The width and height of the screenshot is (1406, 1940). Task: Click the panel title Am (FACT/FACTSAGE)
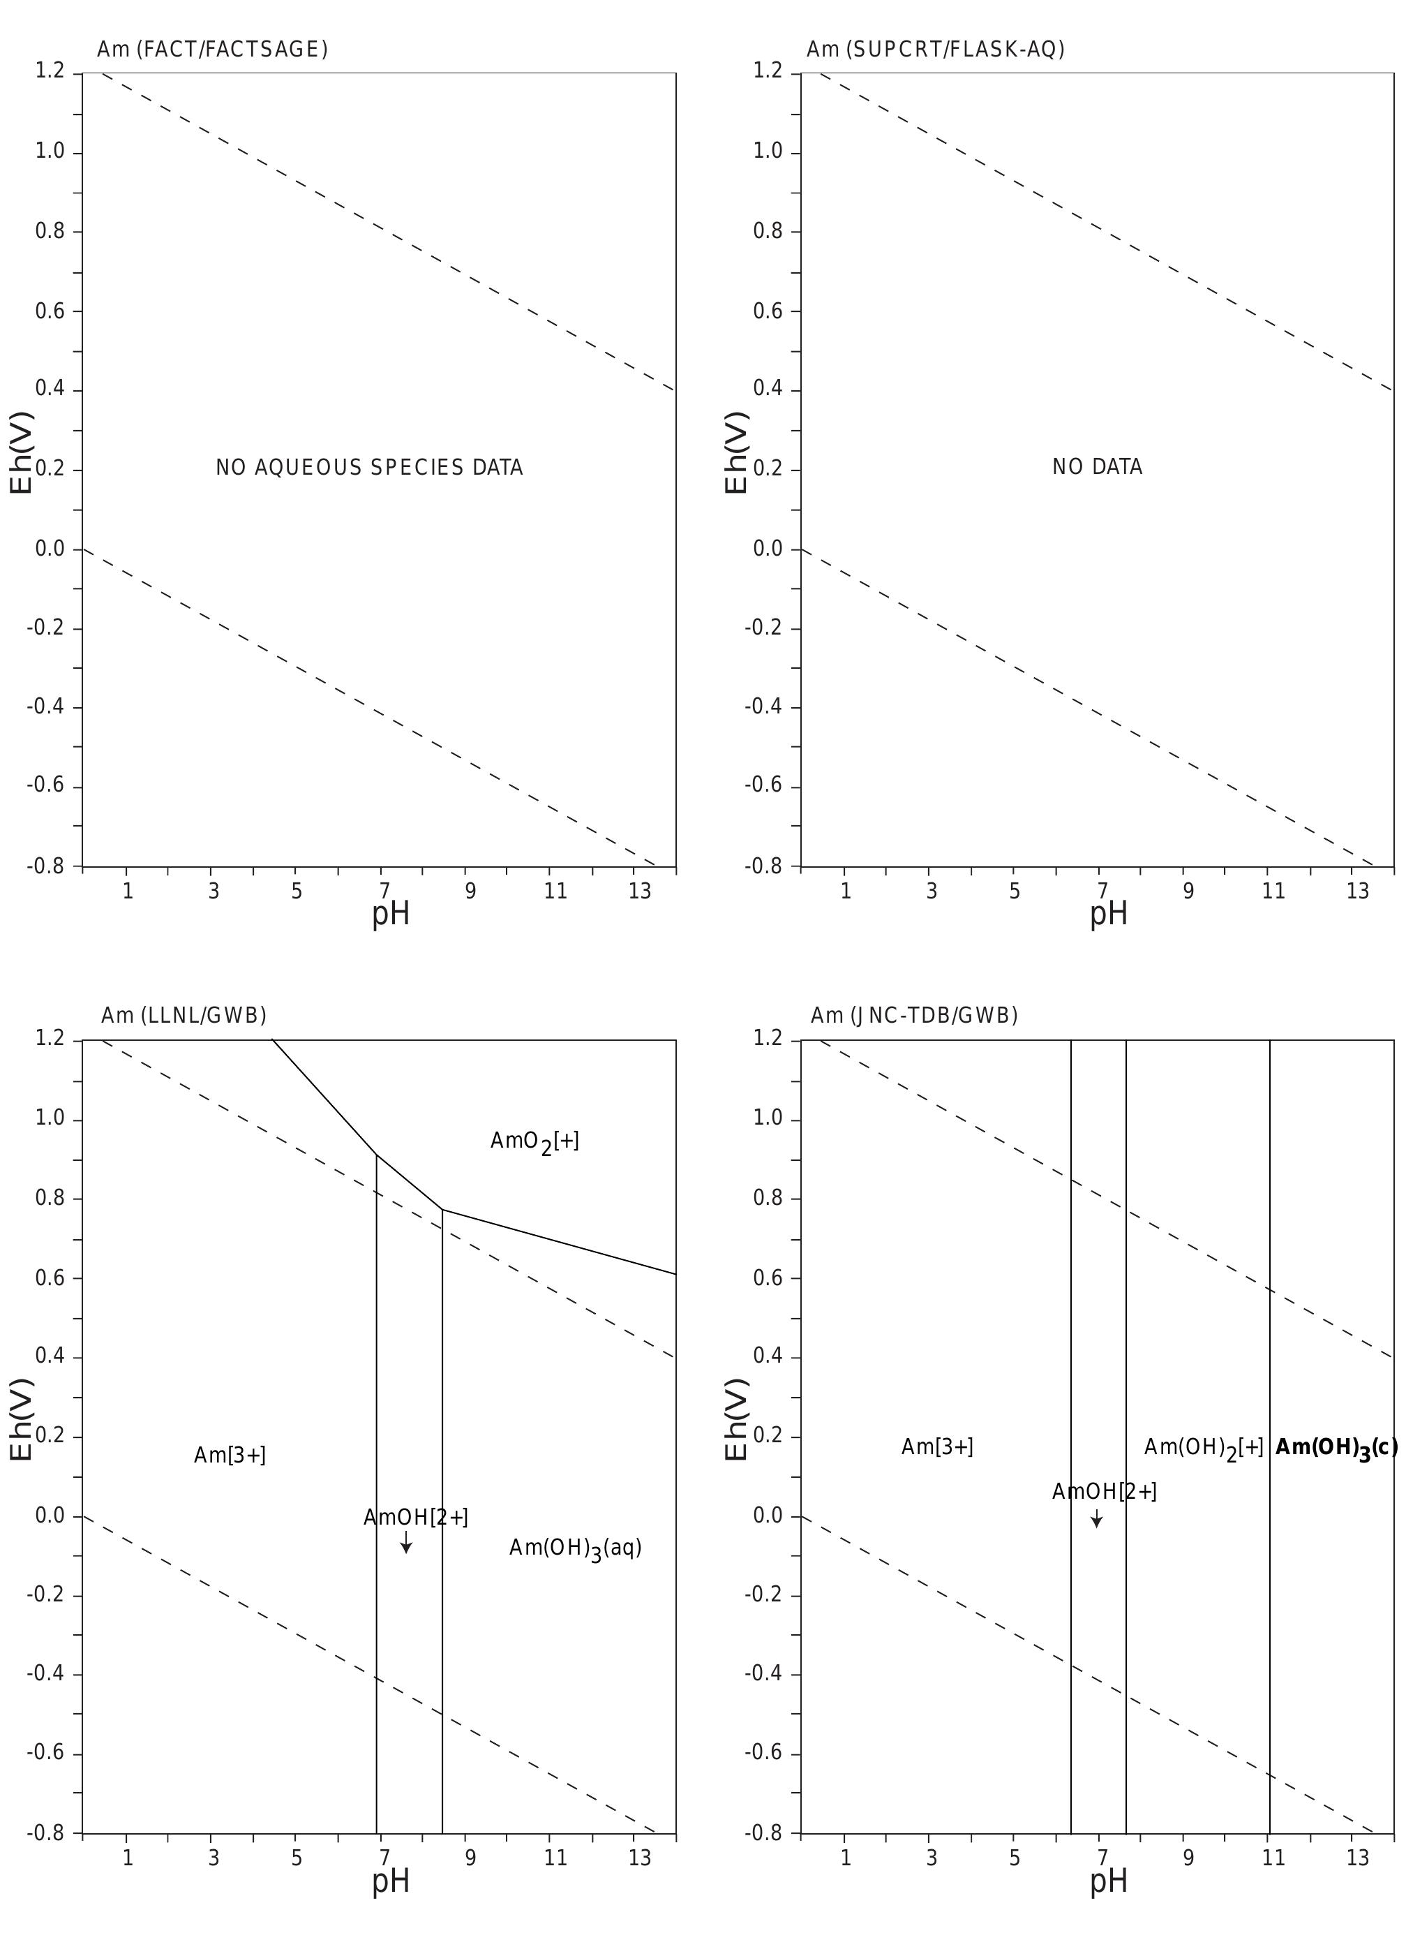coord(212,50)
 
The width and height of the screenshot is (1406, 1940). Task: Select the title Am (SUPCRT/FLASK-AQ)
coord(935,50)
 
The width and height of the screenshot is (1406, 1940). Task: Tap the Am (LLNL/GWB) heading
coord(184,1015)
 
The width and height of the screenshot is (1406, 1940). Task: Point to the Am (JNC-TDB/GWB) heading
coord(914,1015)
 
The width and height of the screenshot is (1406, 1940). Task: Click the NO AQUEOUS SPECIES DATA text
coord(368,468)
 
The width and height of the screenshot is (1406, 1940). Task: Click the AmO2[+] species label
coord(534,1142)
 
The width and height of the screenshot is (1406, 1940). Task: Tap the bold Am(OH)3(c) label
coord(1336,1447)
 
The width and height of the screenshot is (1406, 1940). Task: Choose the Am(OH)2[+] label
coord(1204,1447)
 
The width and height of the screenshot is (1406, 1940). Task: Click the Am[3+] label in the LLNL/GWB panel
coord(229,1455)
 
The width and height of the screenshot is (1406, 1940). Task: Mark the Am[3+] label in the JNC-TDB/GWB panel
coord(936,1446)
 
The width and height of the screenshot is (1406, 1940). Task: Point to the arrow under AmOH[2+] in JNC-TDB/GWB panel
coord(1096,1518)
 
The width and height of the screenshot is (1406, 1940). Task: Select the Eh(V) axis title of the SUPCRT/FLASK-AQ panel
coord(736,452)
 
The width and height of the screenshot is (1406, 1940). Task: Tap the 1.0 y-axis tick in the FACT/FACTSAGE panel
coord(50,152)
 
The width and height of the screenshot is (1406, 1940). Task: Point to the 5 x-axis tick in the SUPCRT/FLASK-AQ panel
coord(1015,891)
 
